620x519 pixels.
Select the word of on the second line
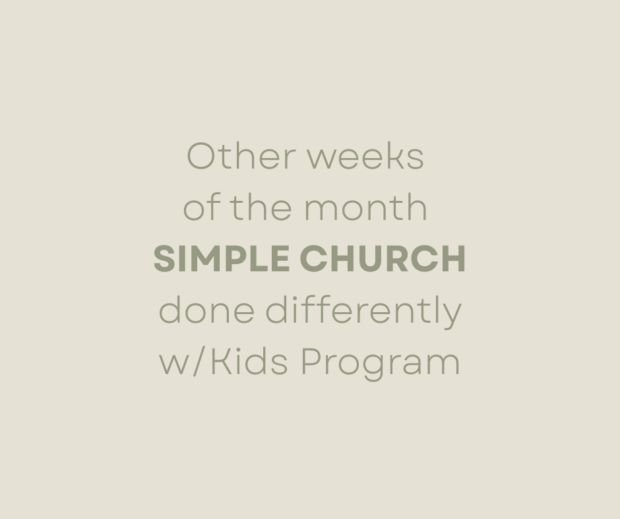tap(202, 208)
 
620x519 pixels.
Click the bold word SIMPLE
tap(221, 259)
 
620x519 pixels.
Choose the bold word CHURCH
tap(383, 259)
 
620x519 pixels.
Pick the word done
tap(206, 310)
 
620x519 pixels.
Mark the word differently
tap(363, 312)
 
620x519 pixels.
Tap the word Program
tap(380, 363)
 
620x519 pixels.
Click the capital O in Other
tap(202, 157)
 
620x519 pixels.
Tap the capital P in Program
tap(311, 362)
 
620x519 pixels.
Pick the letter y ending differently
tap(452, 315)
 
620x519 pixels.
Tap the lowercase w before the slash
tap(174, 364)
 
